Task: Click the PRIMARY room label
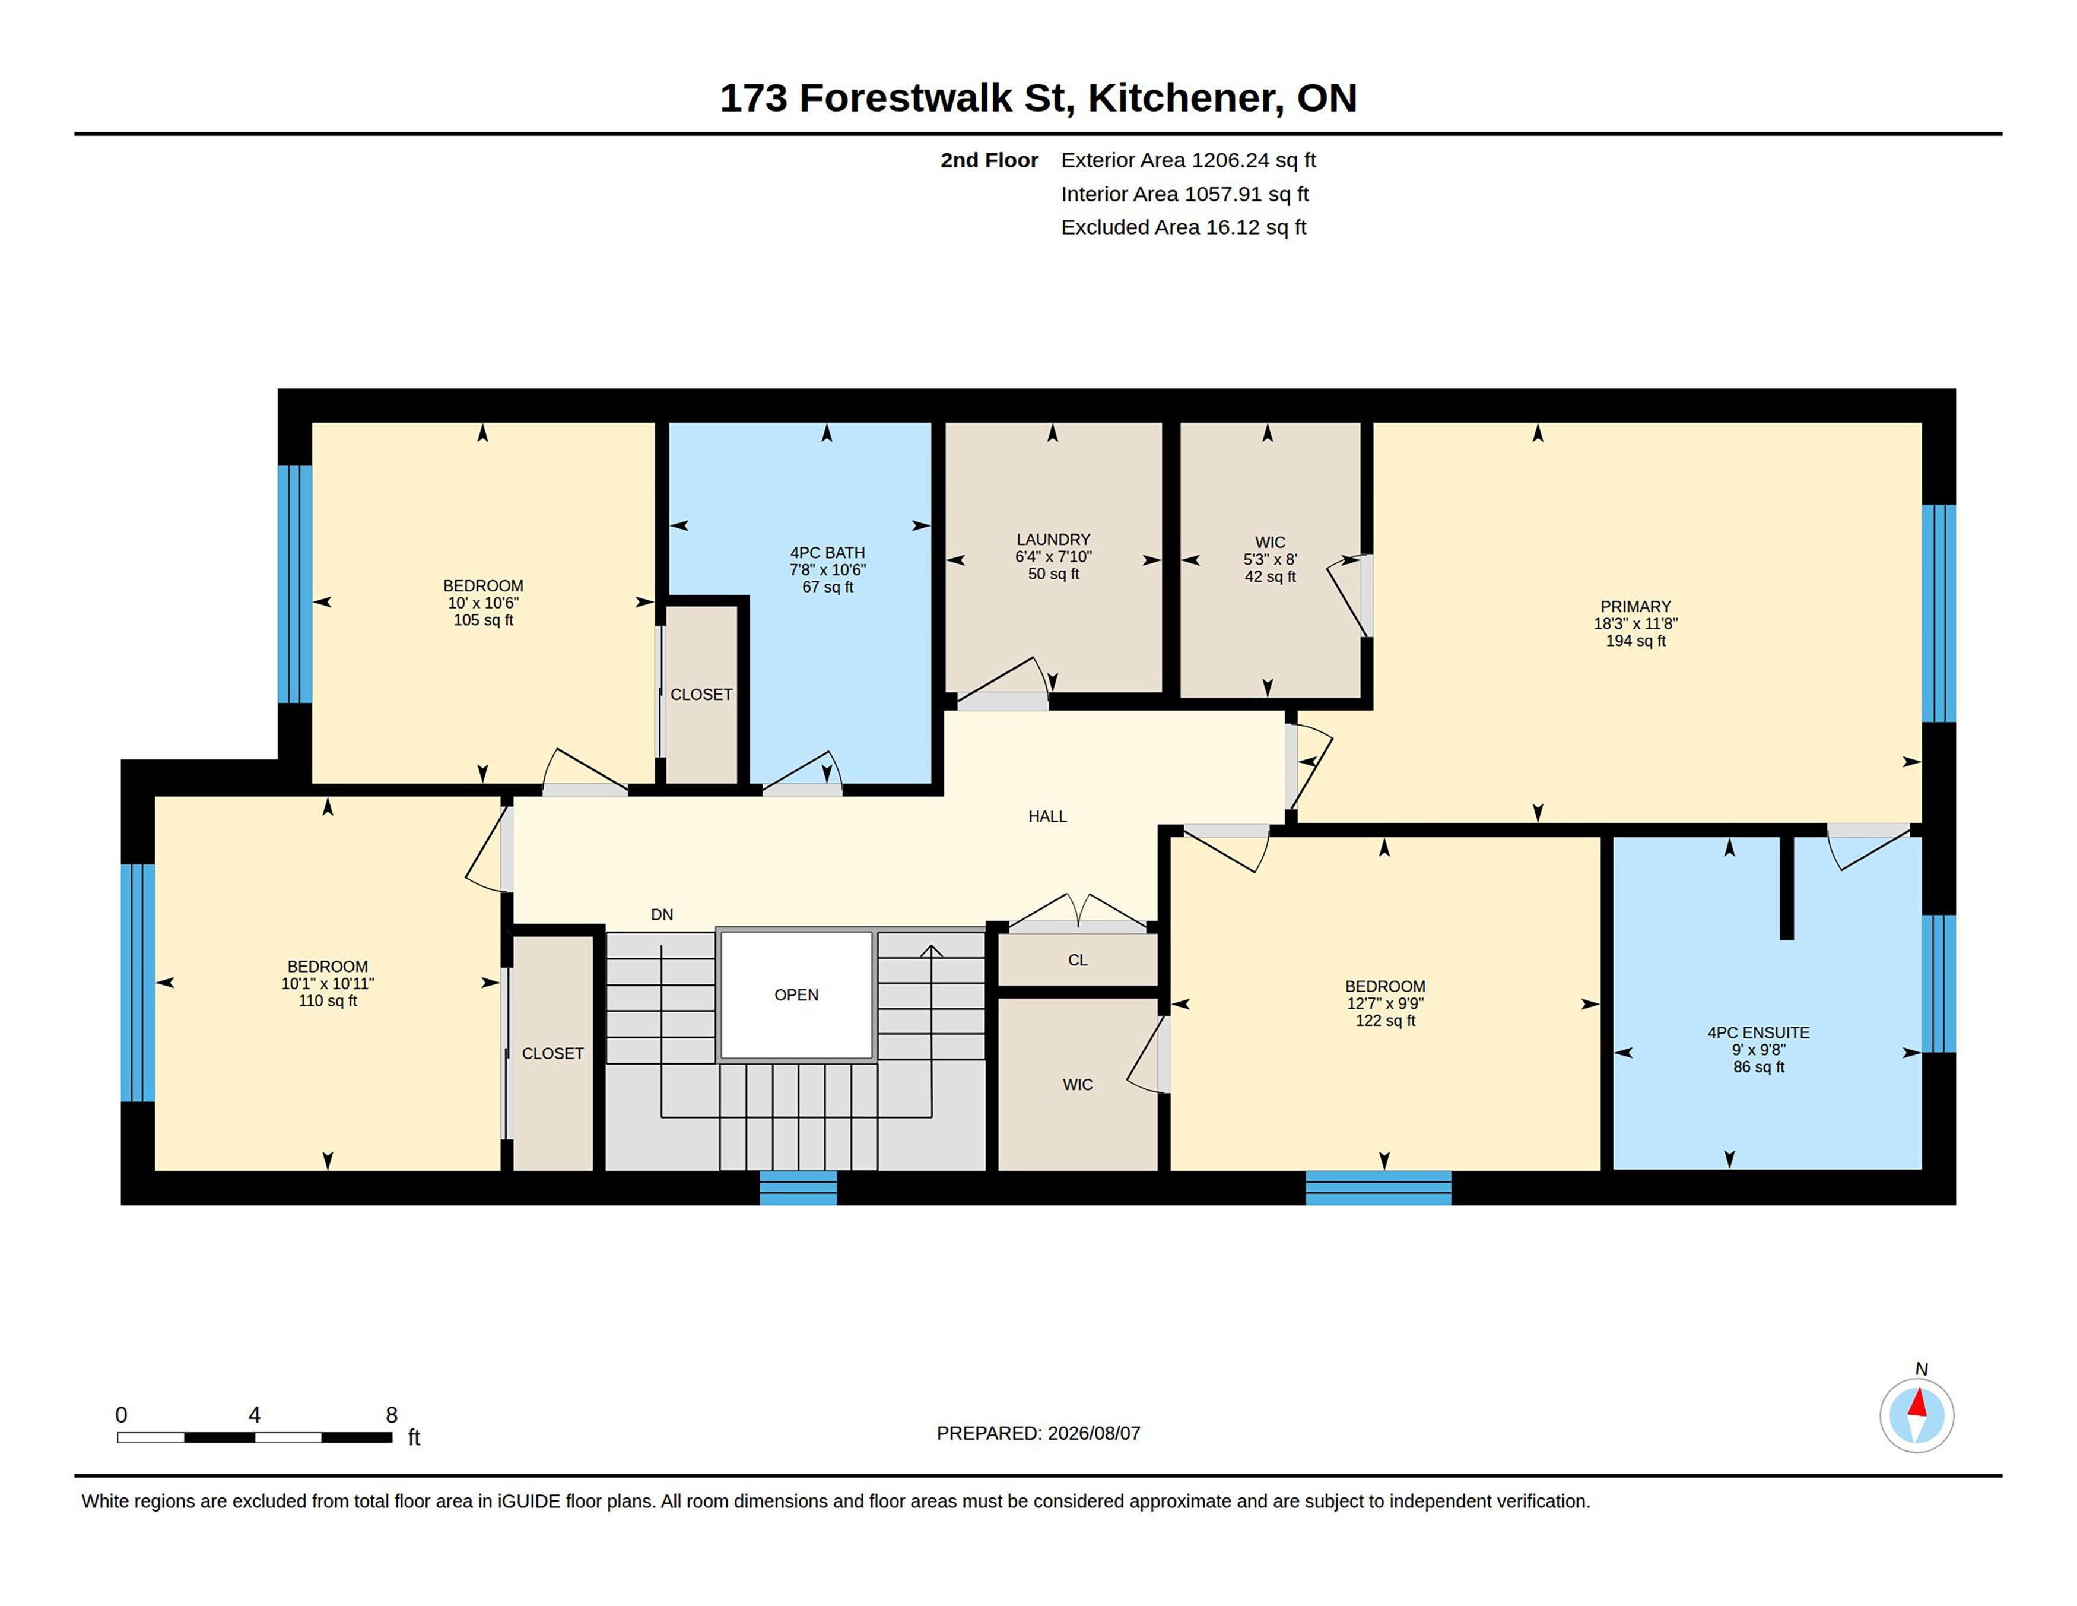pyautogui.click(x=1635, y=606)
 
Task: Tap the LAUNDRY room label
pyautogui.click(x=1053, y=540)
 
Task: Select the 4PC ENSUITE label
pyautogui.click(x=1758, y=1032)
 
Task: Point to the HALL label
pyautogui.click(x=1047, y=816)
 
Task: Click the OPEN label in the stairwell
pyautogui.click(x=796, y=995)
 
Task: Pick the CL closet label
pyautogui.click(x=1078, y=960)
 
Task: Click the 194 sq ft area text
pyautogui.click(x=1635, y=641)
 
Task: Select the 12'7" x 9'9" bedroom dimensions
pyautogui.click(x=1384, y=1004)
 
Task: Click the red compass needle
pyautogui.click(x=1917, y=1404)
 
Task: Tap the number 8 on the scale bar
pyautogui.click(x=391, y=1415)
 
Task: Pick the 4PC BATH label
pyautogui.click(x=827, y=553)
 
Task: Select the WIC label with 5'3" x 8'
pyautogui.click(x=1269, y=542)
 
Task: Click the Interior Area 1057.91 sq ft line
pyautogui.click(x=1184, y=194)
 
